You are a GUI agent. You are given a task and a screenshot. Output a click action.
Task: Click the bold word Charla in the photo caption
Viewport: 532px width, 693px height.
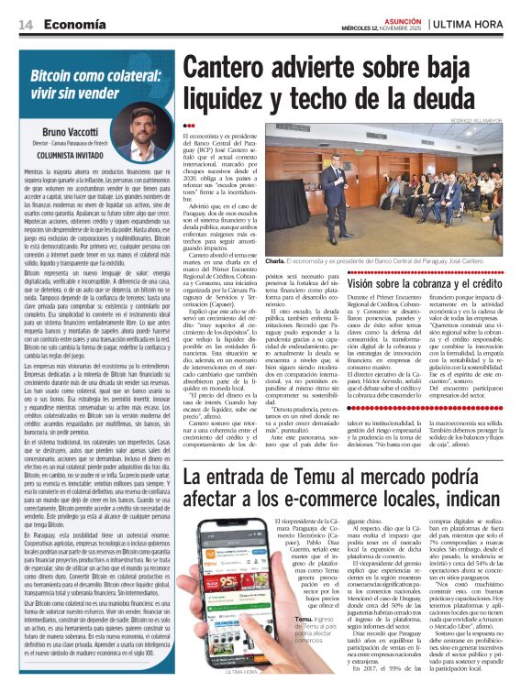[276, 261]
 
